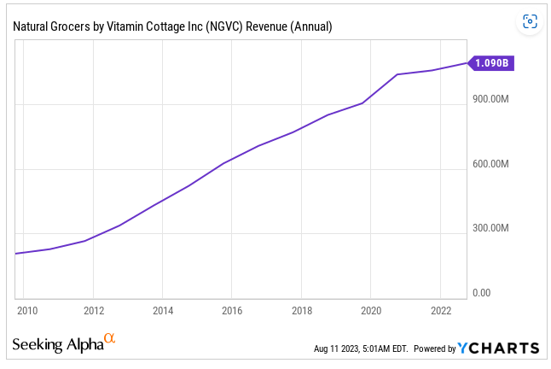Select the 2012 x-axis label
pyautogui.click(x=94, y=310)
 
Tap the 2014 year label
pyautogui.click(x=164, y=310)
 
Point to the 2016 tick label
pyautogui.click(x=233, y=310)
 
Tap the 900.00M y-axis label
pyautogui.click(x=490, y=99)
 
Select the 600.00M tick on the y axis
pyautogui.click(x=490, y=164)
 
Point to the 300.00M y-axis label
pyautogui.click(x=490, y=228)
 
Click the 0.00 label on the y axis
pyautogui.click(x=482, y=293)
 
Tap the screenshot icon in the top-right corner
pyautogui.click(x=530, y=21)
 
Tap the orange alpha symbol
pyautogui.click(x=109, y=340)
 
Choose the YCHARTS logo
pyautogui.click(x=498, y=348)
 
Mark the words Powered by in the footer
pyautogui.click(x=434, y=348)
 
